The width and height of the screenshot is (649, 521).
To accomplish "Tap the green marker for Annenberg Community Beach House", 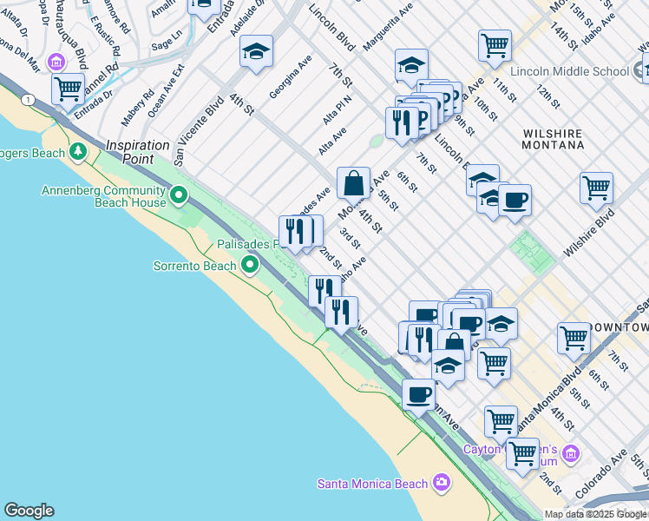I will point(180,195).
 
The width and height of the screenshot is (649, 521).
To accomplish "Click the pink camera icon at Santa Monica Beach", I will point(442,482).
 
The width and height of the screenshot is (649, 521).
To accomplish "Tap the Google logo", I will point(29,511).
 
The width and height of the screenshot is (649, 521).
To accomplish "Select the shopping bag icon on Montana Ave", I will point(353,183).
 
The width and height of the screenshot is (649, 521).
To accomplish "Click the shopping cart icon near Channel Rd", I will point(68,88).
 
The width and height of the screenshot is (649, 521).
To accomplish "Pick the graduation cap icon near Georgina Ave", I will point(256,51).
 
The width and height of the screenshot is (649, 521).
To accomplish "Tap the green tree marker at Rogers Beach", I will point(79,153).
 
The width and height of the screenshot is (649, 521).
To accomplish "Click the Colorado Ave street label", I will point(612,473).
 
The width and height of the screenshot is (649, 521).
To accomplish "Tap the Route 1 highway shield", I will point(29,100).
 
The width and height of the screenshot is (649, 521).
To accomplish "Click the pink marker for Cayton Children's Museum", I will point(570,453).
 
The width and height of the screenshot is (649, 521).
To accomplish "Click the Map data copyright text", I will point(596,514).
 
